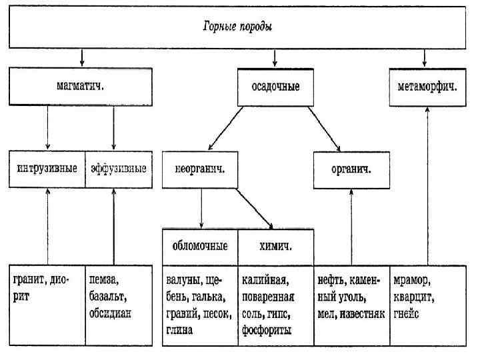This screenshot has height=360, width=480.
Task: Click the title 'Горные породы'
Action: (238, 27)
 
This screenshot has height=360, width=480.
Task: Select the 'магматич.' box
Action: (81, 85)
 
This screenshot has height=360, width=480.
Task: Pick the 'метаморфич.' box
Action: (427, 85)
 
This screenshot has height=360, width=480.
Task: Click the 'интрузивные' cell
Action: (47, 167)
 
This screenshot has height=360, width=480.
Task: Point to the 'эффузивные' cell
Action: (118, 167)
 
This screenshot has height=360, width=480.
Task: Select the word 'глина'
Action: (179, 330)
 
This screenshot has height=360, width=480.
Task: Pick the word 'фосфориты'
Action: (267, 330)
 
